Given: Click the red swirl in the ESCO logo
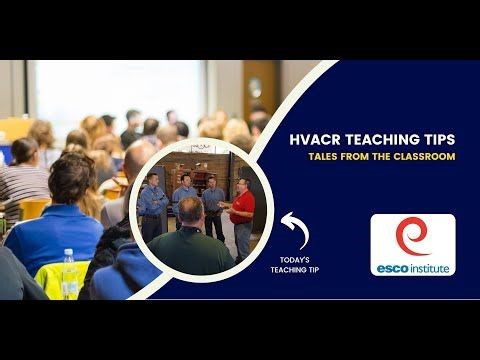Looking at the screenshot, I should tap(411, 236).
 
